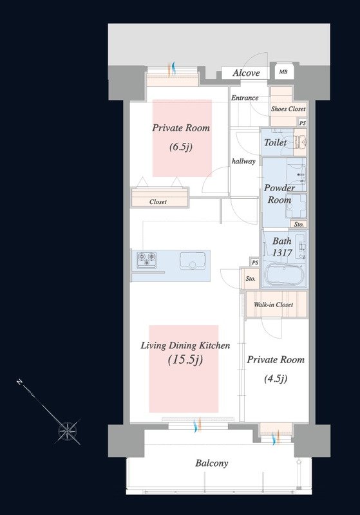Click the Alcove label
point(246,73)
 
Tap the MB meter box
point(283,71)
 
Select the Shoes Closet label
point(288,109)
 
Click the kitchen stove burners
point(146,259)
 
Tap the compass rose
point(68,430)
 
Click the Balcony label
point(211,463)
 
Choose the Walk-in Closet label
point(273,304)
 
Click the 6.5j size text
point(181,147)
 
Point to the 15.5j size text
point(185,360)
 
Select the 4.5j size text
point(276,379)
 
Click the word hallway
point(243,162)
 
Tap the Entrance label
point(245,98)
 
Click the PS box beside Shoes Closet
point(303,123)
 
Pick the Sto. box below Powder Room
point(299,224)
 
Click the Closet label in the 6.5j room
point(158,202)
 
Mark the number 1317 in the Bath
point(282,253)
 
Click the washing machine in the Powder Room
point(296,206)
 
